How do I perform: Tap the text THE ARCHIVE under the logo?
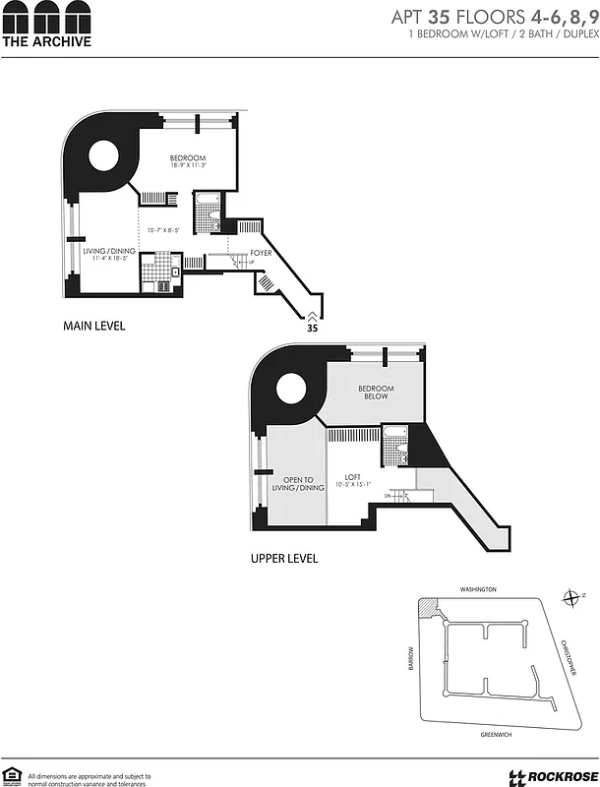46,42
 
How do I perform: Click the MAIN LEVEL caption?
94,325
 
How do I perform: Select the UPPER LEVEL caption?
284,558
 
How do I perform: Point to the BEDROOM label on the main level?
187,159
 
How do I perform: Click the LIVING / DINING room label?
108,251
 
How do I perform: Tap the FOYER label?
261,253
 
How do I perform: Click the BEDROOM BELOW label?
376,393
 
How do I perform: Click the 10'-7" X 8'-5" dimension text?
162,229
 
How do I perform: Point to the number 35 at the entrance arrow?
312,330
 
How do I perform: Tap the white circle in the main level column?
106,156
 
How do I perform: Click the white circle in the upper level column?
292,389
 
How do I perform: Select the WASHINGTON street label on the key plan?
479,589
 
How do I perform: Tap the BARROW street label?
412,656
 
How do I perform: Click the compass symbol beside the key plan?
572,597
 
